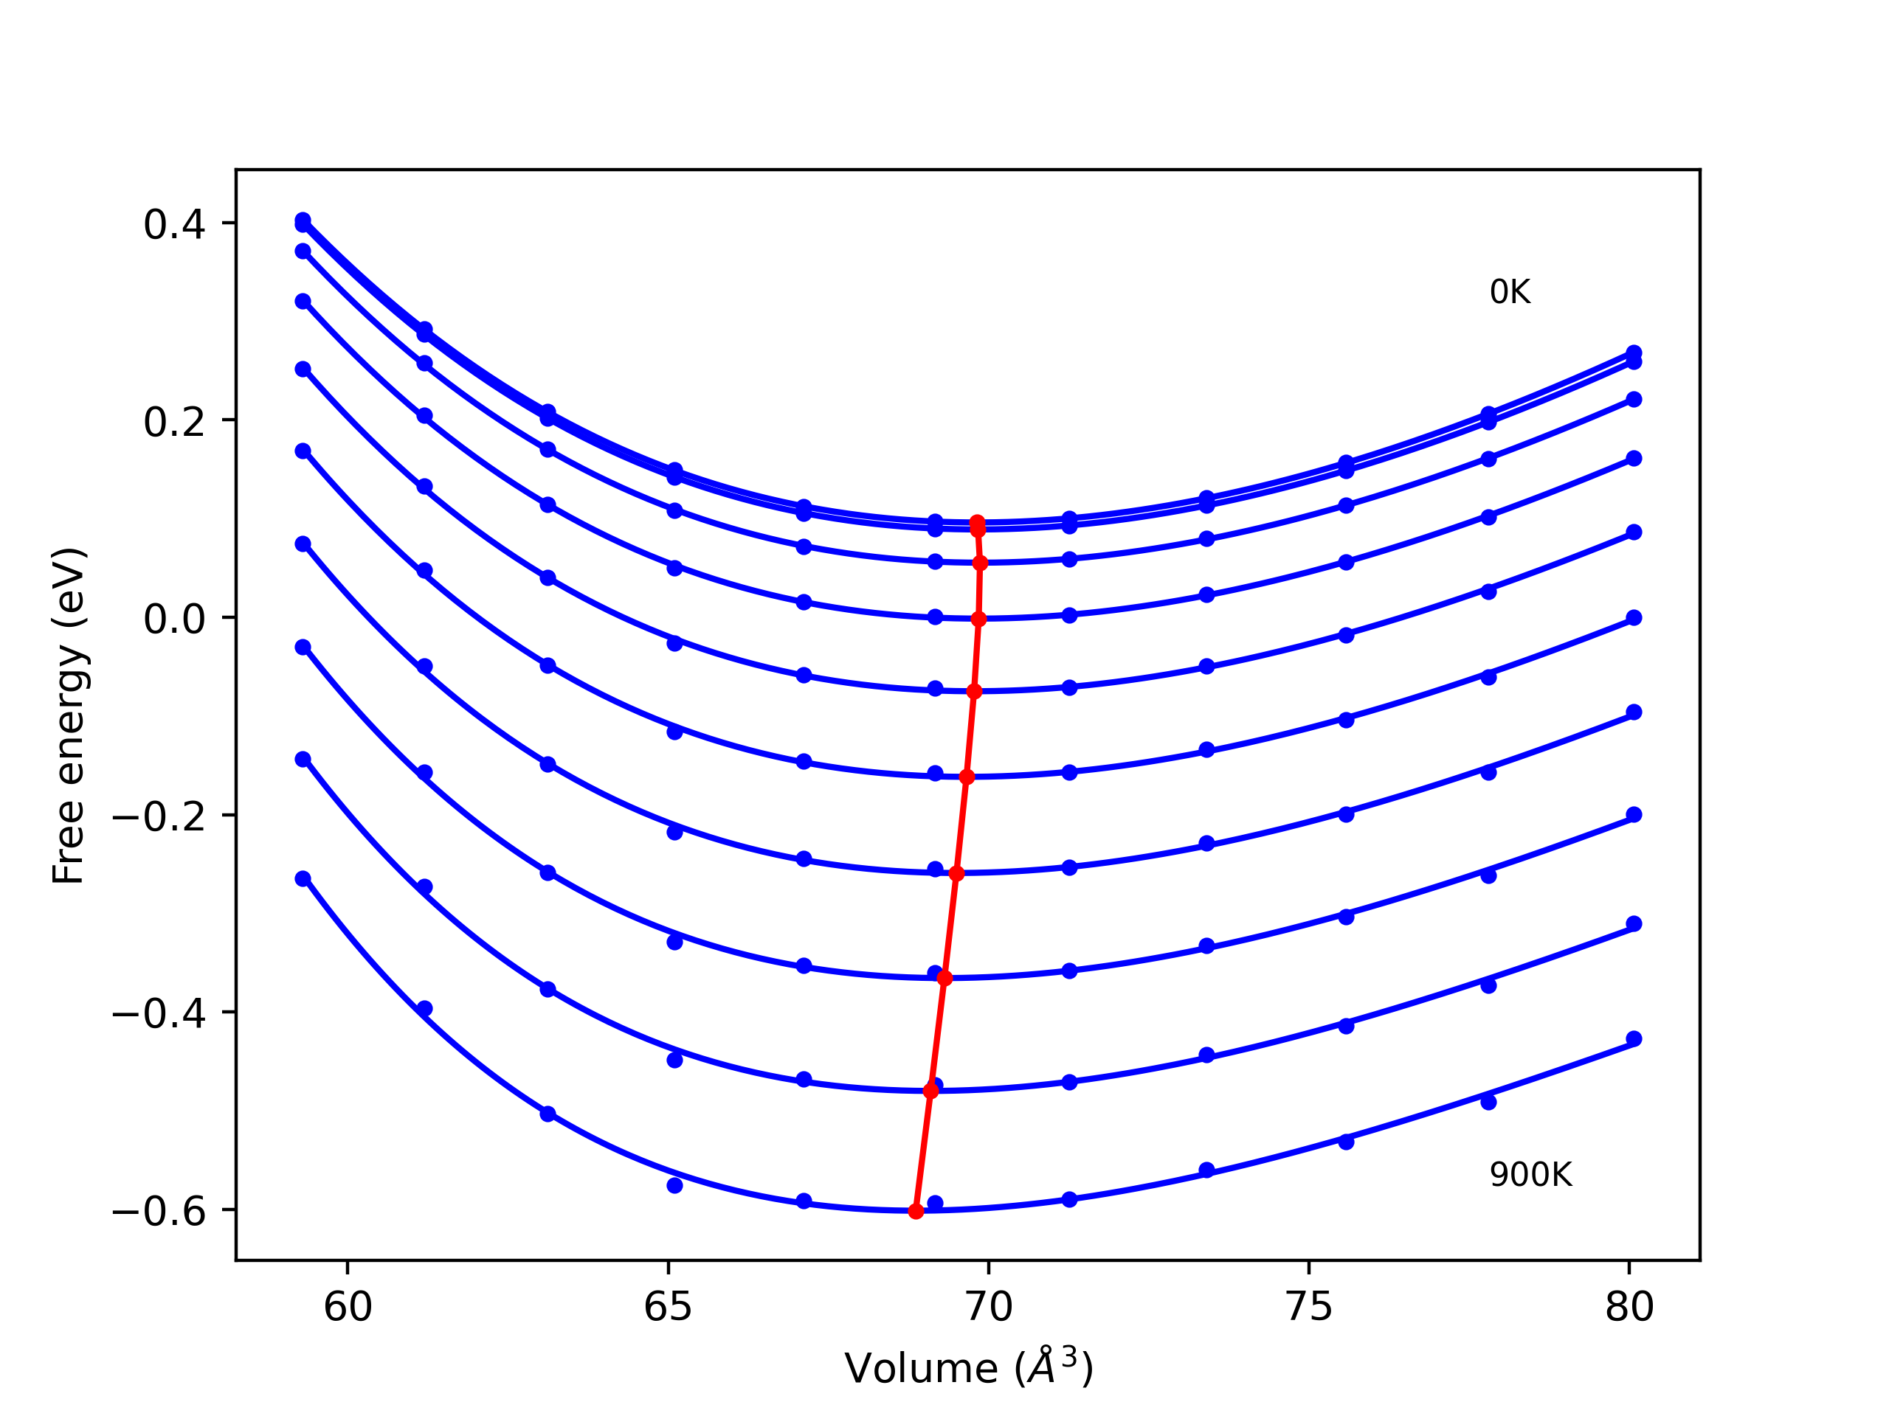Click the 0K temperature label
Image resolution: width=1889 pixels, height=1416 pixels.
tap(1510, 293)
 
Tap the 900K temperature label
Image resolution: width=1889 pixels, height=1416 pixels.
tap(1530, 1176)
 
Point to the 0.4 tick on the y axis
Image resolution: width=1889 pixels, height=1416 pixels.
tap(174, 224)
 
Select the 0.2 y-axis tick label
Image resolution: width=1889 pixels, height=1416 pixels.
tap(174, 422)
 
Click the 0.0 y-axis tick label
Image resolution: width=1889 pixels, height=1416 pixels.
tap(174, 619)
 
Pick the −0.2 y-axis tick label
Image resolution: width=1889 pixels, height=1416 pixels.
tap(159, 817)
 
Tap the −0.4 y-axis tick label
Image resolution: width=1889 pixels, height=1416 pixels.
tap(159, 1014)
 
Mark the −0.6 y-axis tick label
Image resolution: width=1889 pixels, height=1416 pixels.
tap(159, 1211)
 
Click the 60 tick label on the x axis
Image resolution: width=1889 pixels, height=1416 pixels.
tap(348, 1307)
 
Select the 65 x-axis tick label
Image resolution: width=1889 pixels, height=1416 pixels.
tap(668, 1307)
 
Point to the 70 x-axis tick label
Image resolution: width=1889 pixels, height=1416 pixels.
tap(989, 1307)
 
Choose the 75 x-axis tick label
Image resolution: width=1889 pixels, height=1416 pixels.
tap(1309, 1307)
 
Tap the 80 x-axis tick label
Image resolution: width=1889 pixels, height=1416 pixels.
tap(1629, 1307)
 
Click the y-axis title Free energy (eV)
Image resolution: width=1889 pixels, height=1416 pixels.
tap(69, 715)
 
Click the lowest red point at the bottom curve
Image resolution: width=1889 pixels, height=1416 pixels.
tap(916, 1211)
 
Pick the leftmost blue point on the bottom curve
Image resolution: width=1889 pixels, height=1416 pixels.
tap(303, 879)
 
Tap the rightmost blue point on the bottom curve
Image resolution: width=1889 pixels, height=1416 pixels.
tap(1634, 1038)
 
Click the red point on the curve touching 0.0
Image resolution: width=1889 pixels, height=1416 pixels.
tap(978, 619)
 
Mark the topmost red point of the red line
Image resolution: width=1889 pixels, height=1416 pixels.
tap(978, 522)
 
